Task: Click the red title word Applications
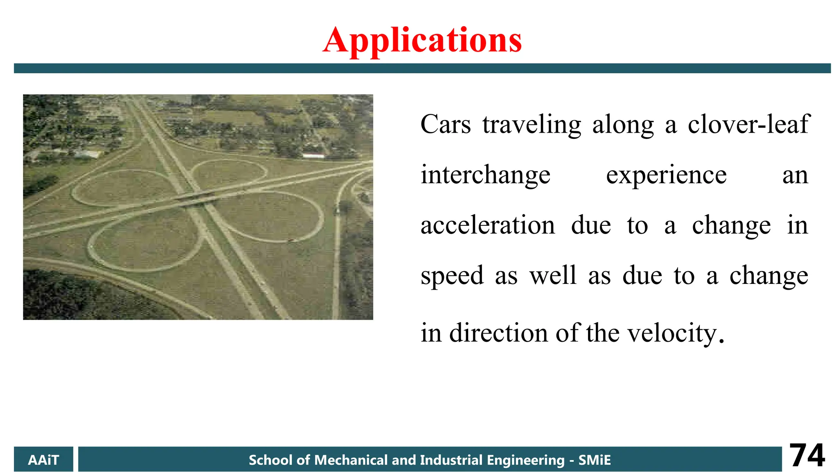pos(422,40)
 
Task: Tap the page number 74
pos(807,455)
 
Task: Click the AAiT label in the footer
pos(43,460)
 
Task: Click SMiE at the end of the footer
pos(594,460)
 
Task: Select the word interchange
pos(485,175)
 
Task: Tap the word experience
pos(666,175)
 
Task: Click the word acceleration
pos(488,225)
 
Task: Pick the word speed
pos(452,276)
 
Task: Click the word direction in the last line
pos(498,333)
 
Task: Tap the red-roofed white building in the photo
pos(313,156)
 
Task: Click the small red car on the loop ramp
pos(291,240)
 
